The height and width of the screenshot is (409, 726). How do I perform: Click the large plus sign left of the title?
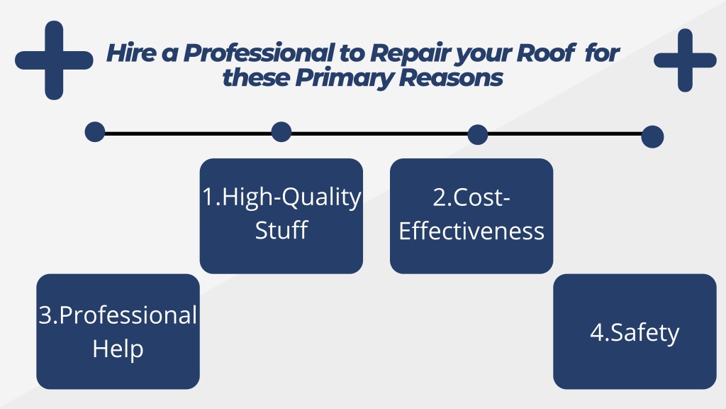(54, 60)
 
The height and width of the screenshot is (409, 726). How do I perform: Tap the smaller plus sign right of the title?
(686, 60)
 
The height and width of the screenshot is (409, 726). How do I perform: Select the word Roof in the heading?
(547, 53)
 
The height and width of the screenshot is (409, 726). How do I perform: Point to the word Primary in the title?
(345, 78)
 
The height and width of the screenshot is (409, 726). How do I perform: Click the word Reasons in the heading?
(451, 77)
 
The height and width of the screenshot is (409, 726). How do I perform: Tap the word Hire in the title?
(131, 53)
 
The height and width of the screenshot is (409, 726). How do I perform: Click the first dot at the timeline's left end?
(95, 132)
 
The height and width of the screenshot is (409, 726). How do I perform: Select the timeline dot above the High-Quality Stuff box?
(281, 132)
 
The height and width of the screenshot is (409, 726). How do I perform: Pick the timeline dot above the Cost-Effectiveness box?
(478, 134)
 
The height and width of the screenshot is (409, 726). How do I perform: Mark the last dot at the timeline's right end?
(653, 137)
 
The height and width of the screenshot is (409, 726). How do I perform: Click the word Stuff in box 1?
(281, 230)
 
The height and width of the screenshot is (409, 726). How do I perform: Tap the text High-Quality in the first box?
(291, 197)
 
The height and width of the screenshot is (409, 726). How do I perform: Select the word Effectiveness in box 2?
(471, 231)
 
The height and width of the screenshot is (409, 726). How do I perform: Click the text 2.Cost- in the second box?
(471, 197)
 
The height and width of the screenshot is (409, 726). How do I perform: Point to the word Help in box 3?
(118, 349)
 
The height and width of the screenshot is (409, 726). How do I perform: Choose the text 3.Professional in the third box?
(118, 315)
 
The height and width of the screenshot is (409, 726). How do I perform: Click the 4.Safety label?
(635, 332)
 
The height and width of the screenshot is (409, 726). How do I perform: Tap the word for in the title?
(602, 53)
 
